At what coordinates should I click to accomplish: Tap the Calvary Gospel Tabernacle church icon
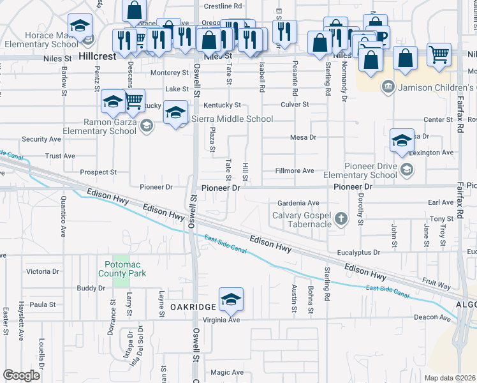pos(341,220)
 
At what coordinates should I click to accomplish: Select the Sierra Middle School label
pos(233,119)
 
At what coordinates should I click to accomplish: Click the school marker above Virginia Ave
pos(231,299)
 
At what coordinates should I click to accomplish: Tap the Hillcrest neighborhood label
pos(98,56)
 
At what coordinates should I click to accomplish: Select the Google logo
pos(22,375)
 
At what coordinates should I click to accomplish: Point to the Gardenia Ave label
pos(298,203)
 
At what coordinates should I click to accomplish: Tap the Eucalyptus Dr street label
pos(359,252)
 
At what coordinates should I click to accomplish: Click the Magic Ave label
pos(227,372)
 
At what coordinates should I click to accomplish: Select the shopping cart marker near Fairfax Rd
pos(439,55)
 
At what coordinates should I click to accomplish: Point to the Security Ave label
pos(41,139)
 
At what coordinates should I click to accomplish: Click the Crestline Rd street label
pos(223,6)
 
